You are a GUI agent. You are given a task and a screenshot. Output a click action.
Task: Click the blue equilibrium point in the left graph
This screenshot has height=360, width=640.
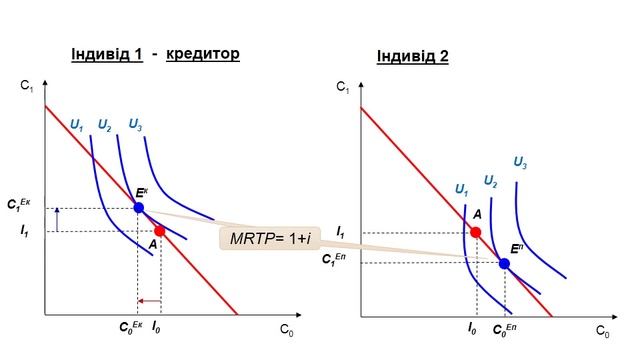tap(139, 208)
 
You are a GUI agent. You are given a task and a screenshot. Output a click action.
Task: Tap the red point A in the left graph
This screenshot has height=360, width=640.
tap(160, 231)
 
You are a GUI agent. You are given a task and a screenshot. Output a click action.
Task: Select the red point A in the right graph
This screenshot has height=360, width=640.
tap(476, 232)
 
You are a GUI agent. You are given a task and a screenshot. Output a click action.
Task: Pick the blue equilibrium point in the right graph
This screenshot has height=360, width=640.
tap(504, 264)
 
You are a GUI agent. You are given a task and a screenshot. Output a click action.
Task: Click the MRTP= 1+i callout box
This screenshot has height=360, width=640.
tap(270, 238)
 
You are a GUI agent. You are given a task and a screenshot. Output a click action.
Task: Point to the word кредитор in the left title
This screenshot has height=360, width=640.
tap(203, 53)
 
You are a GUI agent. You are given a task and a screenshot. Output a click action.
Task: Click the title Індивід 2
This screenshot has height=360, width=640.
tap(413, 56)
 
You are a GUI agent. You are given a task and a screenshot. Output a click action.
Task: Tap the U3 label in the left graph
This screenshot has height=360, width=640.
tap(135, 124)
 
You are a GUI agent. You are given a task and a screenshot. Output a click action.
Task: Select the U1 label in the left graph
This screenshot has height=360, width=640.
tap(77, 125)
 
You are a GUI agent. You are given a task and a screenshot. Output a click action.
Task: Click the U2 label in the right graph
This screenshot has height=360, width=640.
tap(490, 181)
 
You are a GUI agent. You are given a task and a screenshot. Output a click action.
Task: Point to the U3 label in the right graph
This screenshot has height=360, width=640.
tap(520, 163)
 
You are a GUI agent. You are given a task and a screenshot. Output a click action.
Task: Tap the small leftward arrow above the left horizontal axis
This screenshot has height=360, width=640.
tap(149, 301)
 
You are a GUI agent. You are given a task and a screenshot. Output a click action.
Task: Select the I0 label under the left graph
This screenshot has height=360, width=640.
tap(156, 327)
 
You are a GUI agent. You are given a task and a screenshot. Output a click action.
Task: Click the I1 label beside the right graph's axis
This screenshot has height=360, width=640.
tap(340, 232)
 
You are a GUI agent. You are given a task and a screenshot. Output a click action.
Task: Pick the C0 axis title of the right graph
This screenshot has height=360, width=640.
tap(602, 331)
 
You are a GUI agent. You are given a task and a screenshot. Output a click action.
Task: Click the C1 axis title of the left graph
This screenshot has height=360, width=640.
tap(27, 86)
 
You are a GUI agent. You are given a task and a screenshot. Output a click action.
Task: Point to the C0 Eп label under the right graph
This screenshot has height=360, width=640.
tap(504, 329)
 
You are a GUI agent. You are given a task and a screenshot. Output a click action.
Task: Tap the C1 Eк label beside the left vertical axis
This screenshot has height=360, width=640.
tap(19, 204)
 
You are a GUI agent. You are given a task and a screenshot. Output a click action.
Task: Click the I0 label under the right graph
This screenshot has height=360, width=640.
tap(472, 329)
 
